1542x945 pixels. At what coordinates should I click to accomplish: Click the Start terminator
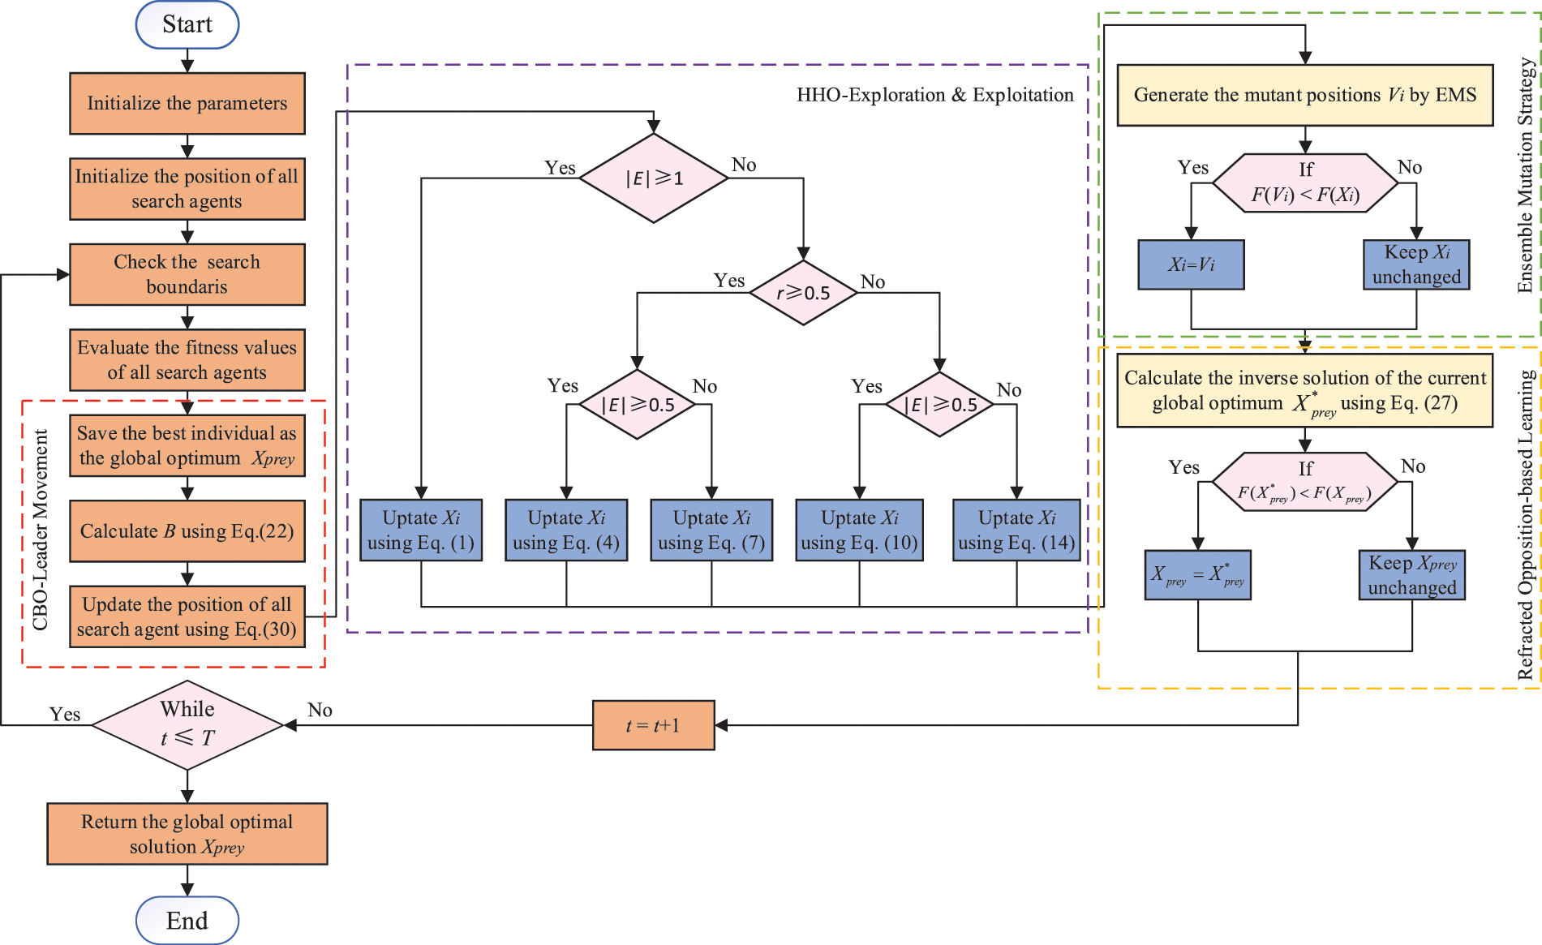(x=187, y=24)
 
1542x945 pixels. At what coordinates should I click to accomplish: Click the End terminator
(x=187, y=921)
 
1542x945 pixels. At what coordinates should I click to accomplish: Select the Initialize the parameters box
(x=187, y=103)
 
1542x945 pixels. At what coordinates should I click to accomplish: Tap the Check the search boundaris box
(x=187, y=274)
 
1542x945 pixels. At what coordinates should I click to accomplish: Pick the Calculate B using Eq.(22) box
(x=187, y=531)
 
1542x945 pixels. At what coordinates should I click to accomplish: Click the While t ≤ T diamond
(x=187, y=724)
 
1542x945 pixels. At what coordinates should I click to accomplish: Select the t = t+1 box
(x=653, y=725)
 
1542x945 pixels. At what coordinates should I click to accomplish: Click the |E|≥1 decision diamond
(x=653, y=178)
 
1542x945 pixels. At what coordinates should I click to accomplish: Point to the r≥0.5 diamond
(x=803, y=293)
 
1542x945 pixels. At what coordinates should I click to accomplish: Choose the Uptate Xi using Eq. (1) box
(x=421, y=530)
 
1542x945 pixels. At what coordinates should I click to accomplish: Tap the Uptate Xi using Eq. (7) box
(x=711, y=530)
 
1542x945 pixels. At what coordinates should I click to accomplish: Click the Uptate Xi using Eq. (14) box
(x=1016, y=530)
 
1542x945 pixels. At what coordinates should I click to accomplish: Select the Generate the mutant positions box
(x=1304, y=95)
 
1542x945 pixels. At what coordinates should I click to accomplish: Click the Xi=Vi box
(x=1191, y=264)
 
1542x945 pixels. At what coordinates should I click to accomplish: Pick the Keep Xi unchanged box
(x=1416, y=264)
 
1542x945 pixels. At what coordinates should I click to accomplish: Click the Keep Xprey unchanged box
(x=1411, y=575)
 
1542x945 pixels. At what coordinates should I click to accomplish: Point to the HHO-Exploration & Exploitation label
(x=934, y=95)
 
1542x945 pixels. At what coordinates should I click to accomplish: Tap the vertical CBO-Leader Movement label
(x=40, y=530)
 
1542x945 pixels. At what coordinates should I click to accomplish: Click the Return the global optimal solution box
(x=187, y=834)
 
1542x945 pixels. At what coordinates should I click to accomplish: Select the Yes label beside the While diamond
(x=65, y=714)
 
